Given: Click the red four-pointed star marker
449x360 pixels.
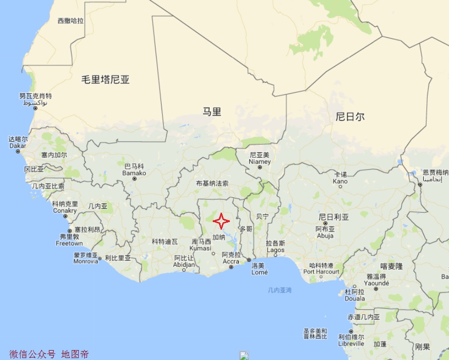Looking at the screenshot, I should (221, 220).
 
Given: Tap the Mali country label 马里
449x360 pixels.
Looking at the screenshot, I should (212, 112).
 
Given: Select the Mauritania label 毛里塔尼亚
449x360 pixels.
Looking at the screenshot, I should (106, 79).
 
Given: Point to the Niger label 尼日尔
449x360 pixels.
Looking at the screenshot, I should (350, 117).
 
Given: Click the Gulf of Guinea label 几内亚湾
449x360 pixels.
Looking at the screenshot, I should (280, 290).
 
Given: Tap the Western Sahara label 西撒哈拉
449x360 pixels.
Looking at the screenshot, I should (70, 21).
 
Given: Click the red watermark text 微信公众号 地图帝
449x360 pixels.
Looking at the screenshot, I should (49, 354).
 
